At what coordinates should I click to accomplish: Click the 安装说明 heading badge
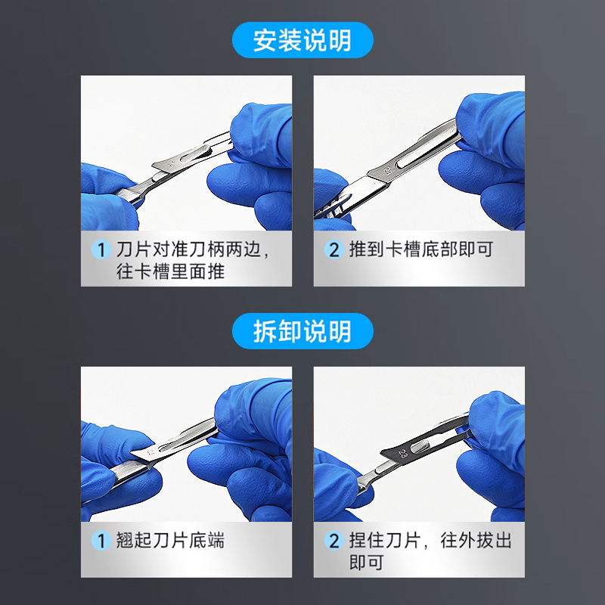[302, 40]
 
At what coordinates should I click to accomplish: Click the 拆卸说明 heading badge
[302, 331]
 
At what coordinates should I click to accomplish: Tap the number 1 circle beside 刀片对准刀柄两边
[101, 250]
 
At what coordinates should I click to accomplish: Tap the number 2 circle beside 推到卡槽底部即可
[334, 250]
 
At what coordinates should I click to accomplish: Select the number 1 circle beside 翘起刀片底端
[101, 541]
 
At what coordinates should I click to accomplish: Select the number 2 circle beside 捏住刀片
[334, 541]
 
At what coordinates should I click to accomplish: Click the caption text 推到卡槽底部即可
[421, 250]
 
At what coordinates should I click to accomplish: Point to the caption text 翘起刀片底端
[170, 540]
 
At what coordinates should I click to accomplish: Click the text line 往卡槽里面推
[170, 271]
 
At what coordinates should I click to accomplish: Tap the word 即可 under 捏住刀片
[366, 562]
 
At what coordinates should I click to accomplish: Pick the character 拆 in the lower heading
[265, 331]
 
